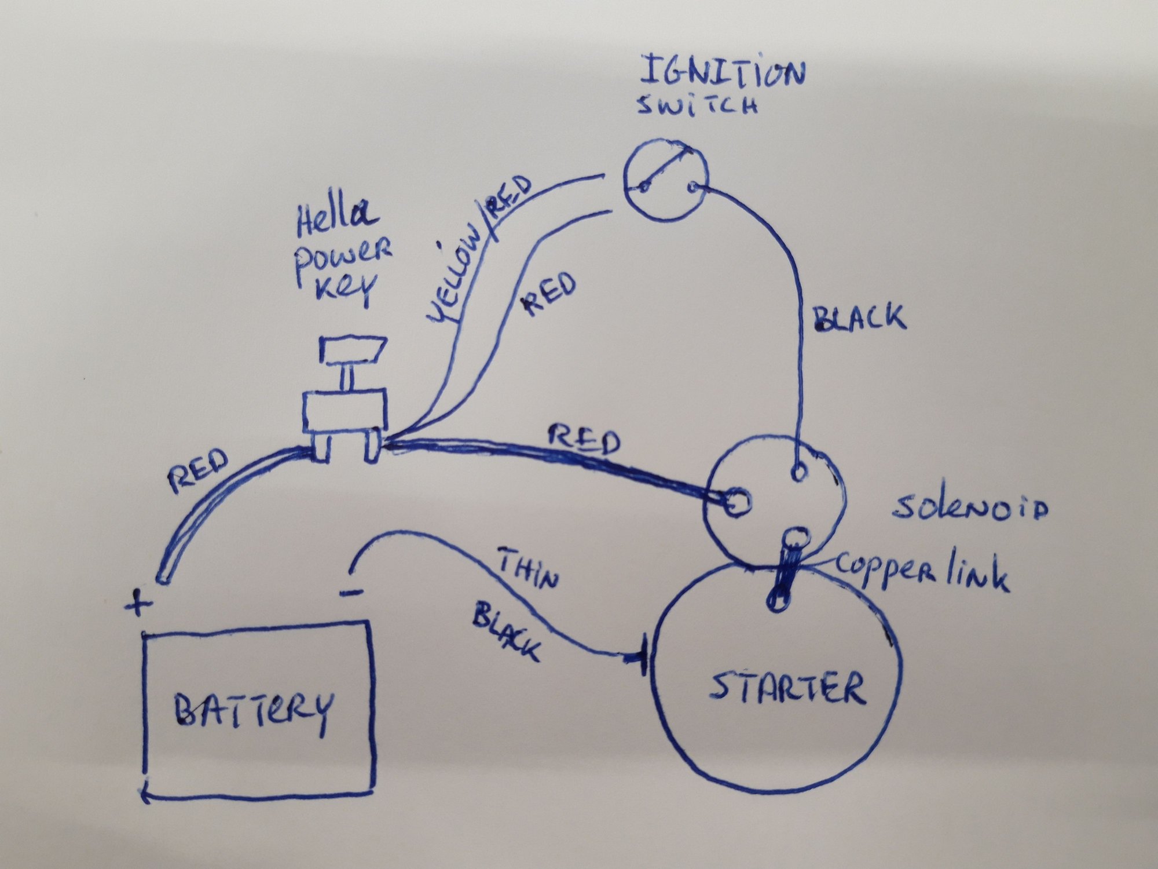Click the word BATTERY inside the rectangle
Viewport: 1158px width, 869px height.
[254, 709]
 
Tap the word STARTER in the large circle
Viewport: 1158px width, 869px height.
[788, 688]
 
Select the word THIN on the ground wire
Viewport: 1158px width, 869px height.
[528, 571]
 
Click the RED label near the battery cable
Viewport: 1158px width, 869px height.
[197, 471]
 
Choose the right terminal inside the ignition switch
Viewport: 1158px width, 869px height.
[694, 187]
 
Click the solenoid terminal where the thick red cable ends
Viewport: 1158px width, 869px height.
[736, 501]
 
